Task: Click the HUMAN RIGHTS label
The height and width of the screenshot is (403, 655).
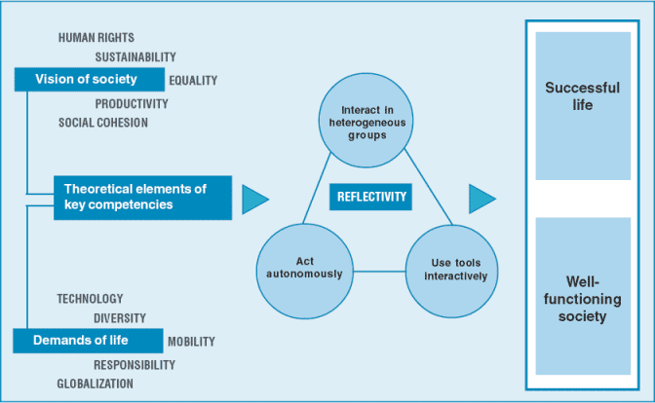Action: point(96,38)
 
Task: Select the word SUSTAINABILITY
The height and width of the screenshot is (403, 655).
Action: point(135,57)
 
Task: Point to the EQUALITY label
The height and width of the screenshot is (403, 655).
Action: point(193,81)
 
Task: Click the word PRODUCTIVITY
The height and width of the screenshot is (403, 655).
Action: point(132,104)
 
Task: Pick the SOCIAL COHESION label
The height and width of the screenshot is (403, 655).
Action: point(103,123)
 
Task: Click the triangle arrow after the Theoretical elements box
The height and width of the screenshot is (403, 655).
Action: point(253,198)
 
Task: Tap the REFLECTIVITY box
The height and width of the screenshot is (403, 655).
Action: point(371,197)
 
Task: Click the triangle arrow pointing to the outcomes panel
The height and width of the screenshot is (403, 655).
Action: point(481,198)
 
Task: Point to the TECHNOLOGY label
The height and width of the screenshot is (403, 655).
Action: point(90,299)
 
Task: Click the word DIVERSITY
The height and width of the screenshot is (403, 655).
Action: point(120,318)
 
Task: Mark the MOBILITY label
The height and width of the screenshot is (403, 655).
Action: point(191,342)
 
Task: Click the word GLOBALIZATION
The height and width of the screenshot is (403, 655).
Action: point(96,384)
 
